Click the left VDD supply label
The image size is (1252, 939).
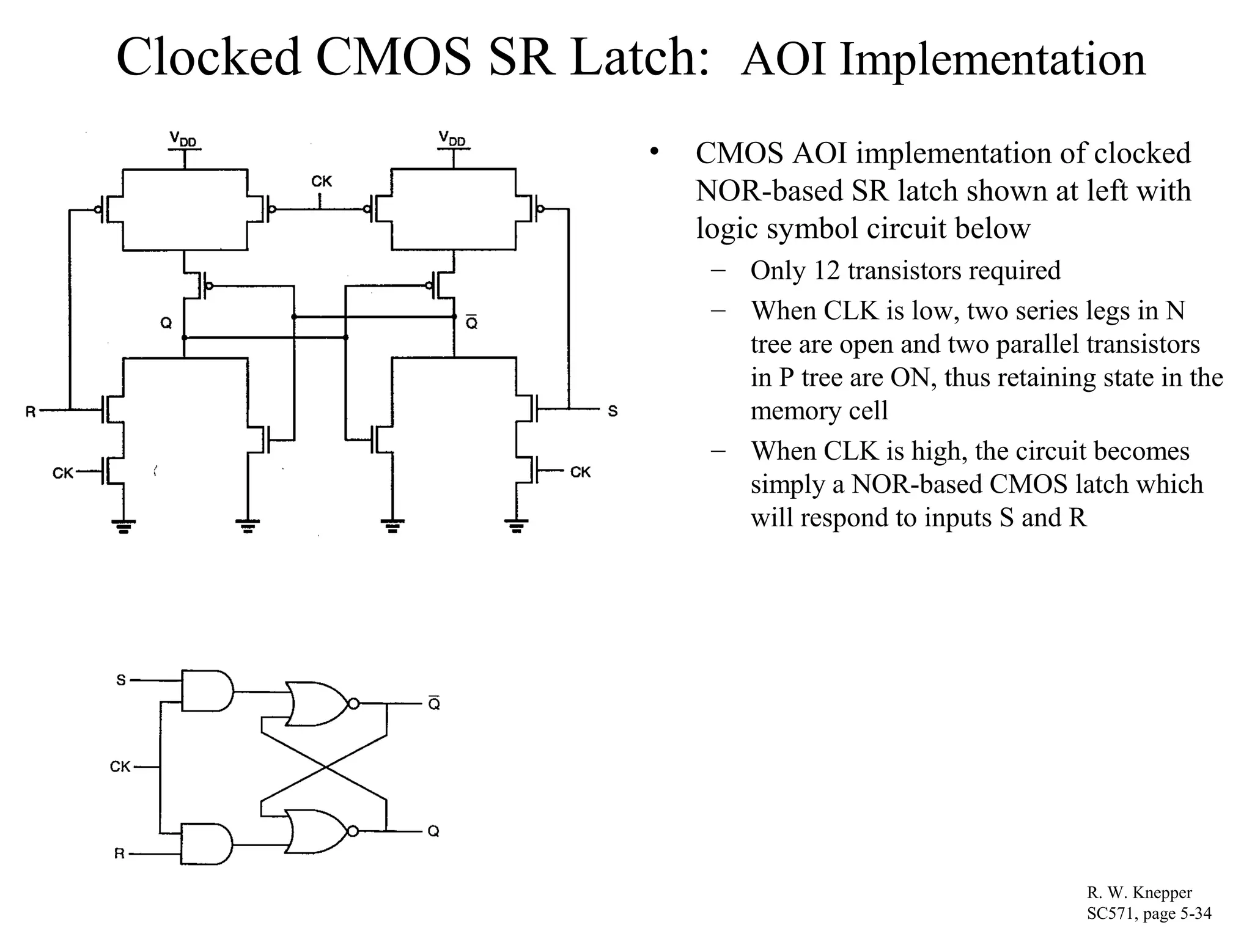[x=183, y=140]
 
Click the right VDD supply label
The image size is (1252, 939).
[x=452, y=139]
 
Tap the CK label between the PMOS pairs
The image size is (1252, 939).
[x=322, y=182]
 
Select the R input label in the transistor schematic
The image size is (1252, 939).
[x=31, y=411]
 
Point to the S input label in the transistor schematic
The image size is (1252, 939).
[x=613, y=411]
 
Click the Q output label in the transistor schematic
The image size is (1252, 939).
[x=166, y=323]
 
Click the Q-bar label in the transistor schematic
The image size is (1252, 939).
[x=471, y=323]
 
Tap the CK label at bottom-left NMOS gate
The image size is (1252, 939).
[x=63, y=473]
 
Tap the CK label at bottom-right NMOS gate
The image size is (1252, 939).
[x=580, y=472]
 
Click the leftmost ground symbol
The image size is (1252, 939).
[x=123, y=525]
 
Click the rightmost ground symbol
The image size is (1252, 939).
[x=517, y=525]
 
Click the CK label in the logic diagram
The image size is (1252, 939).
[x=120, y=766]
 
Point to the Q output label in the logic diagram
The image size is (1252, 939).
[x=433, y=831]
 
